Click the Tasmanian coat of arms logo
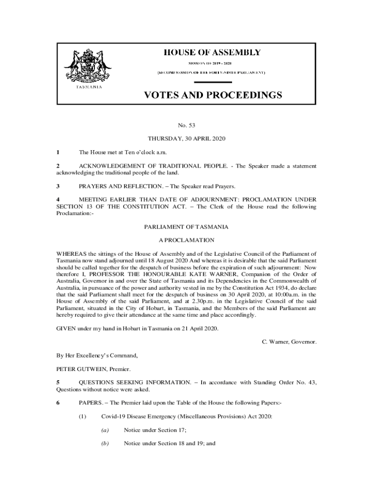point(87,66)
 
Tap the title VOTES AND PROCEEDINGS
point(213,95)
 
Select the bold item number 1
point(58,153)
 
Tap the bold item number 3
point(58,186)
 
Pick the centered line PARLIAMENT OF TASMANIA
point(186,227)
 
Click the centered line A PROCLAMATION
point(186,240)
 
